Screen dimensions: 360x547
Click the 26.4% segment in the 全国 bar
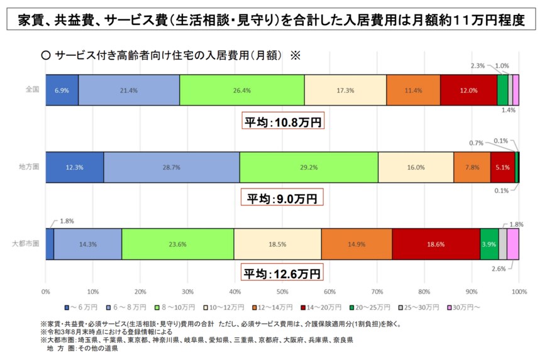point(241,90)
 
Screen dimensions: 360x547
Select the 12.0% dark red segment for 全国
point(468,90)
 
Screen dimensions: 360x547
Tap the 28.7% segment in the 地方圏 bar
point(171,168)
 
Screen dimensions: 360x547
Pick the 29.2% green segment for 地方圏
point(309,168)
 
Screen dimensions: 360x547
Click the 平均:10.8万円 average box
point(282,122)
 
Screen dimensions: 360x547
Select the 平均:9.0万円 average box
point(282,199)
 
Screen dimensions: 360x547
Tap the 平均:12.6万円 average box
point(282,274)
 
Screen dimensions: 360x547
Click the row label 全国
point(32,89)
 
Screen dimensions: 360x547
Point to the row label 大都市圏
point(26,243)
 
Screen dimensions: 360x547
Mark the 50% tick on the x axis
point(282,292)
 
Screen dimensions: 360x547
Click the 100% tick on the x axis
point(519,292)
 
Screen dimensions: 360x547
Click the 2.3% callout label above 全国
point(477,65)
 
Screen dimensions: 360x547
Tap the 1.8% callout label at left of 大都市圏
point(67,221)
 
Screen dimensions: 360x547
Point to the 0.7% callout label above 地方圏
point(477,143)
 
